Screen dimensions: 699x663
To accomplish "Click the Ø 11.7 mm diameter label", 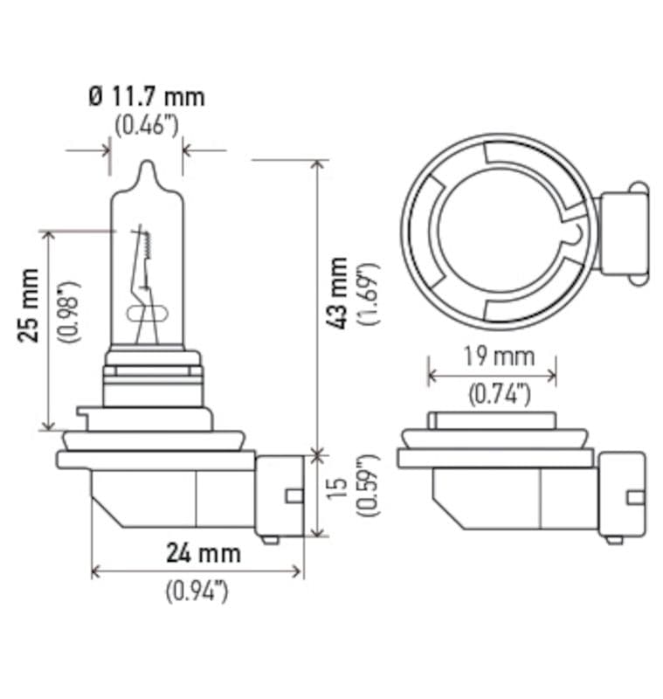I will pos(146,96).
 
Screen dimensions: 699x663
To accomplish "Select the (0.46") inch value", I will pos(146,124).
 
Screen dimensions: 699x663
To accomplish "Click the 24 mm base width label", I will pos(203,553).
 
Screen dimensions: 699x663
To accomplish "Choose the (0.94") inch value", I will pos(197,591).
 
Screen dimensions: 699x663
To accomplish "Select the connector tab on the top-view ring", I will pos(622,232).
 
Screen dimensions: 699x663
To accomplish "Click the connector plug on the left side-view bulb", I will pos(280,495).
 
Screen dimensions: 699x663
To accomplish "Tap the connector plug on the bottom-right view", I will pos(619,495).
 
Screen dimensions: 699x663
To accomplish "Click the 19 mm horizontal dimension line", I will pos(492,376).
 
